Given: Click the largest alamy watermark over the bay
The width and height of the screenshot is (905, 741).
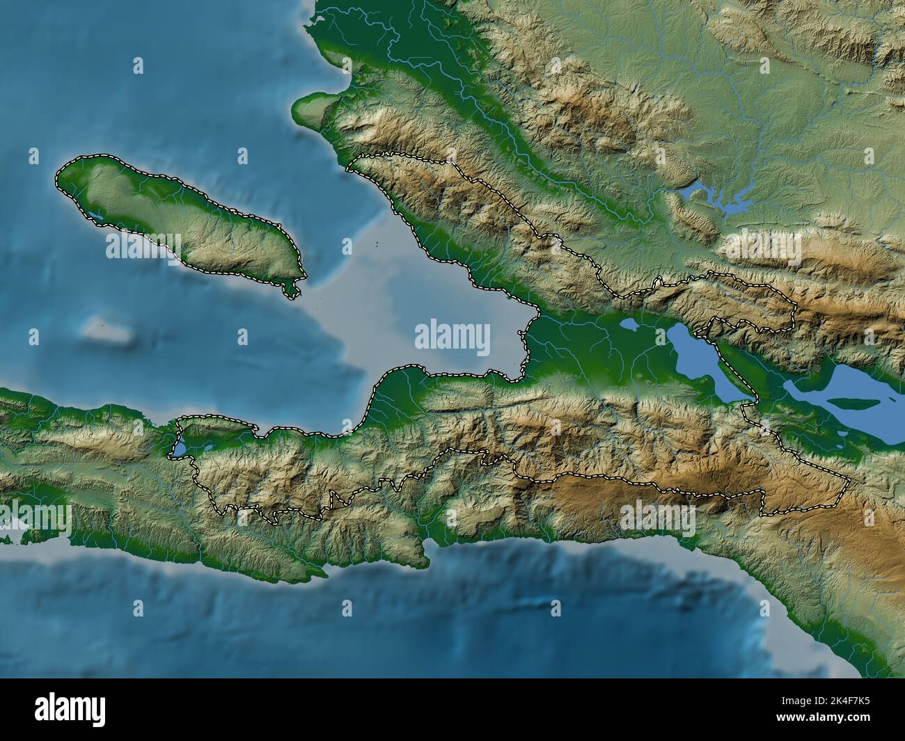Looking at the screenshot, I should (x=452, y=337).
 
